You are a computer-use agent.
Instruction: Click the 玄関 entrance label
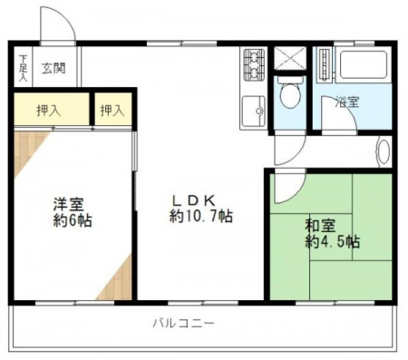53,68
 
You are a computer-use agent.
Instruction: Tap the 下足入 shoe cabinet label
24,68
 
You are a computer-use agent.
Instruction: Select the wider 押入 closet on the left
52,109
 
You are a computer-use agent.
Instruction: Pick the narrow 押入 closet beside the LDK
113,109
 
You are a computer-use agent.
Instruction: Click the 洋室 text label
69,204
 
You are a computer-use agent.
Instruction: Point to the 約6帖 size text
73,220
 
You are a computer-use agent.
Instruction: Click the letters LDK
194,200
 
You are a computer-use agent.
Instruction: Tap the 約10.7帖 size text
201,216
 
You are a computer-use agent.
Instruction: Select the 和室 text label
320,226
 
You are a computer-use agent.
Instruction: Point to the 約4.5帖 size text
333,241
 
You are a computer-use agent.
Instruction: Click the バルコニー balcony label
183,323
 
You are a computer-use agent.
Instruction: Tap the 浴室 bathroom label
348,102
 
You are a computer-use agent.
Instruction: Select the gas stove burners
254,64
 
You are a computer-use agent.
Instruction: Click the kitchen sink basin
254,111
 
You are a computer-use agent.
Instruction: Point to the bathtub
364,65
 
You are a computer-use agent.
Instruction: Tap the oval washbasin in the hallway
384,151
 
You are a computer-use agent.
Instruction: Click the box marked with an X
289,58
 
